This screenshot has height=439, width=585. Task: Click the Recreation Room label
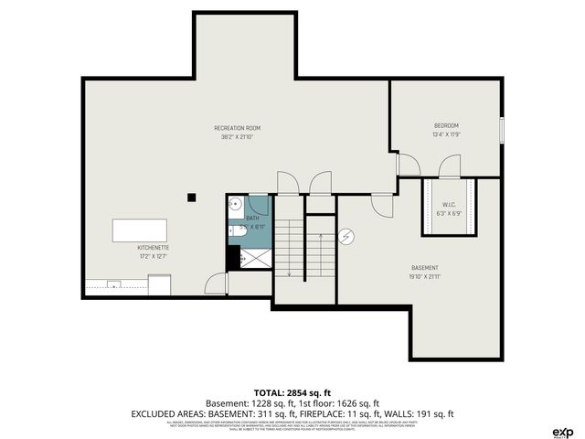point(238,128)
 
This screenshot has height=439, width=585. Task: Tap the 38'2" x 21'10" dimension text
point(238,138)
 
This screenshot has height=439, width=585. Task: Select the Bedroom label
point(446,125)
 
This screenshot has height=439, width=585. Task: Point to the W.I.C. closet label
point(449,204)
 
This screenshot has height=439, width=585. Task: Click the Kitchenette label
point(153,248)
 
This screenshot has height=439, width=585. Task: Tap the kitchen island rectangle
point(140,229)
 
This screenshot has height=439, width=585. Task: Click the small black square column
point(191,196)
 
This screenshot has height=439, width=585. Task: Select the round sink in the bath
point(235,205)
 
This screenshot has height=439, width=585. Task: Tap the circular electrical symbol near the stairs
point(346,238)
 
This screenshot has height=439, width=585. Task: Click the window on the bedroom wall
point(501,129)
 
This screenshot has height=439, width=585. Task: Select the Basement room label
point(425,267)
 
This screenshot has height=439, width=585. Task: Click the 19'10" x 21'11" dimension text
point(425,277)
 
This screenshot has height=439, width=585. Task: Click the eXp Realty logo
point(562,432)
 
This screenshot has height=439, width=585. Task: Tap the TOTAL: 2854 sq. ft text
point(292,391)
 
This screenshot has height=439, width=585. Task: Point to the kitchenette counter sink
point(113,284)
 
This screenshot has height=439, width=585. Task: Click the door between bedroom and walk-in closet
point(448,167)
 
